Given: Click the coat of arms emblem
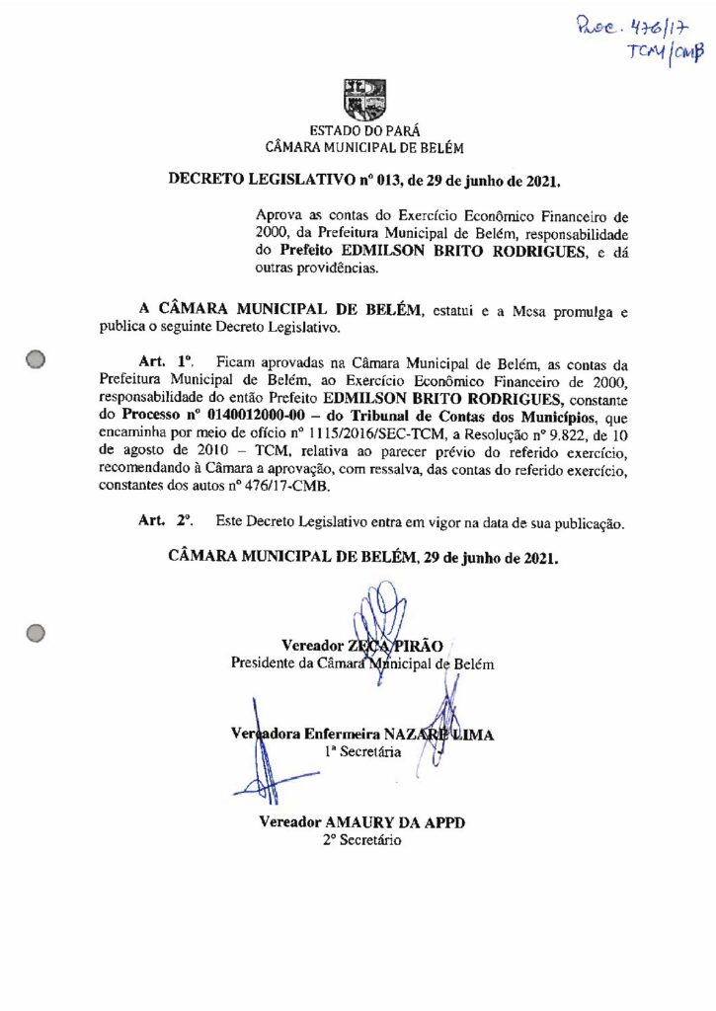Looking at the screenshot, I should tap(363, 99).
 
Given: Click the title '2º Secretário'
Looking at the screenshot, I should tap(362, 840).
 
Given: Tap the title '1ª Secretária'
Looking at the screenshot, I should tap(361, 752).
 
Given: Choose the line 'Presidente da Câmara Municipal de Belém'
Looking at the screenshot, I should tap(362, 663).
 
